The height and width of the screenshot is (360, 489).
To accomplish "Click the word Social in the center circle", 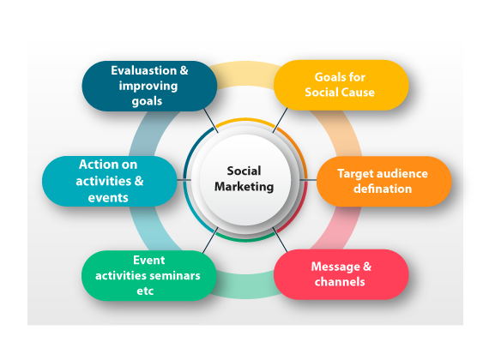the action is (x=244, y=171).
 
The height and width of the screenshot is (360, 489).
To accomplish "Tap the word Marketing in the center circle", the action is (x=244, y=187).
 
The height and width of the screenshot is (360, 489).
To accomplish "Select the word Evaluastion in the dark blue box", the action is (x=144, y=70).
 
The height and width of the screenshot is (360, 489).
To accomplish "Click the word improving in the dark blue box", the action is (x=148, y=86).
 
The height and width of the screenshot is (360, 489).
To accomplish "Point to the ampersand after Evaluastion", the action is (x=184, y=70).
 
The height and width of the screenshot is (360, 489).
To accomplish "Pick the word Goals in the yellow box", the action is (x=327, y=77).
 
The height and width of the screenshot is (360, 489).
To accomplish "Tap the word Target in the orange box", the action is (x=353, y=174).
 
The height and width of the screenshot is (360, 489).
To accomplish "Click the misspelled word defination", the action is (x=383, y=189).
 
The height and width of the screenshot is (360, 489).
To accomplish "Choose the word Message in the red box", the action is (x=335, y=267).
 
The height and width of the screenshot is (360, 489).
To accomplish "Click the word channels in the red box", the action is (x=340, y=282).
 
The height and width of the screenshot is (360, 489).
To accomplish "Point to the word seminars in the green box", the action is (x=174, y=275).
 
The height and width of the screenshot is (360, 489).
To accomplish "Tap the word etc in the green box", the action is (x=145, y=291).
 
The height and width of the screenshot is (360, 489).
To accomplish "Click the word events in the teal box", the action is (x=108, y=198).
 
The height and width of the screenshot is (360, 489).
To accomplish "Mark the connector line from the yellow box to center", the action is (x=280, y=120).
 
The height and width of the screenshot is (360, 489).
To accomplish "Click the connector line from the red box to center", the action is (x=280, y=240).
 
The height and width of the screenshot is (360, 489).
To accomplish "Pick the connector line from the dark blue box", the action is (x=211, y=121).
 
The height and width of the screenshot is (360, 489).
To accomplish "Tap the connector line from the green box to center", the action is (x=210, y=240).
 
